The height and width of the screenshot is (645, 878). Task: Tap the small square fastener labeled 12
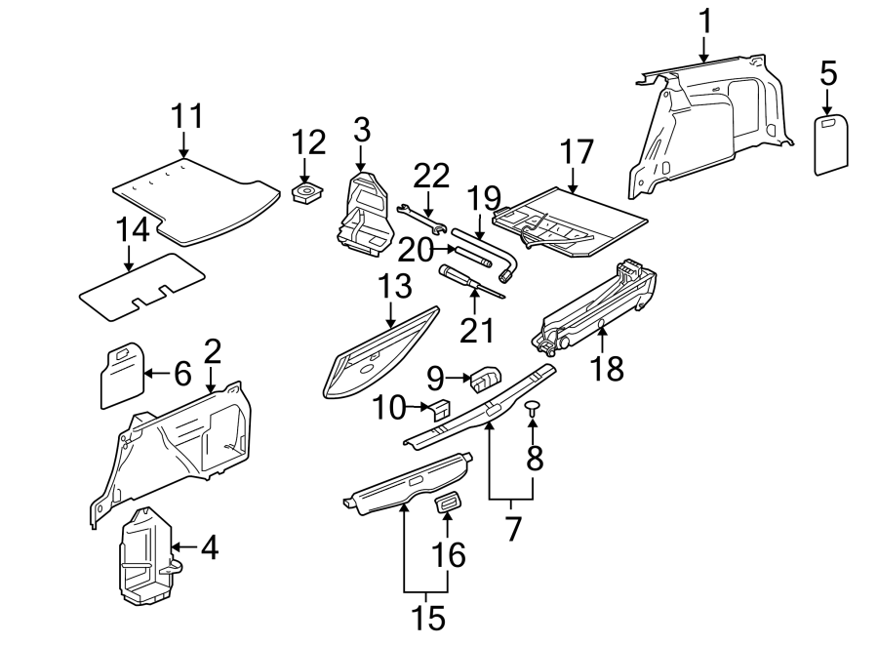point(309,192)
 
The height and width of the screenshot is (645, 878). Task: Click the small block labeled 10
point(440,410)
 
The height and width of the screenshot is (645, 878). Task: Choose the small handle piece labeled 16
point(449,503)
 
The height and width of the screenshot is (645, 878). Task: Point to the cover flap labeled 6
point(121,374)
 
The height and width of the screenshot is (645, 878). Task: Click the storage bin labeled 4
point(144,551)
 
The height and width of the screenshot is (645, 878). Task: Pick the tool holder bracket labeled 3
point(365,217)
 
